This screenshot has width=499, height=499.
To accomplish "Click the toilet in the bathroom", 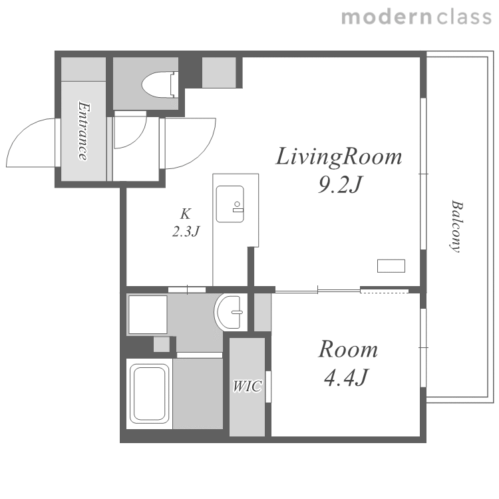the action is click(160, 84).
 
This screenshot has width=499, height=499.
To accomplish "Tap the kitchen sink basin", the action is click(230, 204).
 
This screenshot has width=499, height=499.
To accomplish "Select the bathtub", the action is click(150, 394).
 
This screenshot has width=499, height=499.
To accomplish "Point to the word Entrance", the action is click(83, 131).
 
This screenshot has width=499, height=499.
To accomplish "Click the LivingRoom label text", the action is click(339, 156).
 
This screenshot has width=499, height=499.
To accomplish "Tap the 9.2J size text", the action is click(340, 184).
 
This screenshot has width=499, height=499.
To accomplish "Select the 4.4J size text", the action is click(345, 377).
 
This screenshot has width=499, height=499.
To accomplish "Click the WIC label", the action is click(248, 386).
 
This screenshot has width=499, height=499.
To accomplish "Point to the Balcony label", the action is click(456, 226).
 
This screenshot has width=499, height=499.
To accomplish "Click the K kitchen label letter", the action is click(185, 214).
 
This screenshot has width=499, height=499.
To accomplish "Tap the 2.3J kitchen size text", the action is click(186, 231).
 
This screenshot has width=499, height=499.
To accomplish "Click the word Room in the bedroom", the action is click(348, 349).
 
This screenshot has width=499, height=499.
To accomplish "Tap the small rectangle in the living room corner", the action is click(391, 265).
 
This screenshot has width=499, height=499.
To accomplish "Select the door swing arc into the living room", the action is click(201, 154).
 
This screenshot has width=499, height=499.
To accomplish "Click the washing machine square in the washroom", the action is click(148, 315).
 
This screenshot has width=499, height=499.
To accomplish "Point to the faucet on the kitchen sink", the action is click(238, 206).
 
